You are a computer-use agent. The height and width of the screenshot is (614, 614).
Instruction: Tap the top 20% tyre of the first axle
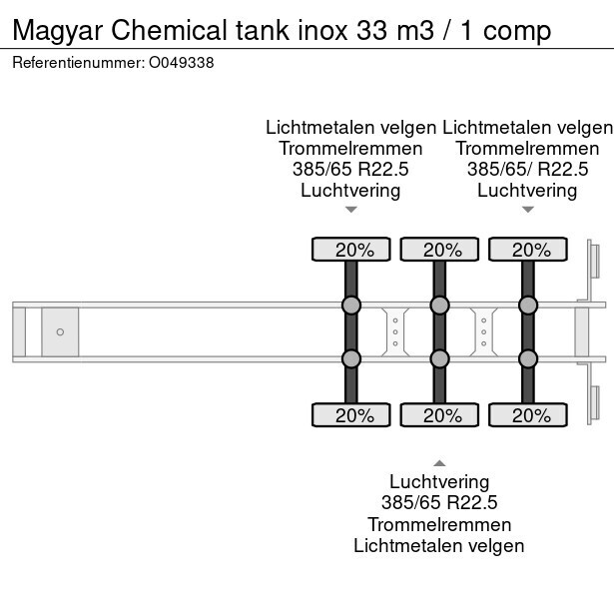[351, 250]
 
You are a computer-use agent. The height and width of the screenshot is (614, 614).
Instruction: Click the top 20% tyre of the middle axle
[439, 250]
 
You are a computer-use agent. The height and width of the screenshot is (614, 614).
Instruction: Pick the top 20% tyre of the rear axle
[527, 250]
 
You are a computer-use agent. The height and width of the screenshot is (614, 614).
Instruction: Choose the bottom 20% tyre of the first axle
[351, 414]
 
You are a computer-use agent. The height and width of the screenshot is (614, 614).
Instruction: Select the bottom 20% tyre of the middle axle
[439, 414]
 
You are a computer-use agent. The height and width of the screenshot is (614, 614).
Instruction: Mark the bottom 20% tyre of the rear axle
[527, 414]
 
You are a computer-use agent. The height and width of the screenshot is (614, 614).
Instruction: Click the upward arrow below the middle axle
[439, 462]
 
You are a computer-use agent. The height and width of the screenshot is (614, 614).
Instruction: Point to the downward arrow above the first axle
[351, 210]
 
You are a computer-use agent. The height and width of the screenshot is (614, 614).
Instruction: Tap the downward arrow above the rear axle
[527, 210]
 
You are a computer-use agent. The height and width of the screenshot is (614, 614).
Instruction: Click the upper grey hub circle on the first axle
[351, 305]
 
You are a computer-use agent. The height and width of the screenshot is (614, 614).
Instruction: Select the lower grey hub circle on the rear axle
[527, 358]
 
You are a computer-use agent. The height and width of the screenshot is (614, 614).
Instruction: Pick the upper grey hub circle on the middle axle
[439, 305]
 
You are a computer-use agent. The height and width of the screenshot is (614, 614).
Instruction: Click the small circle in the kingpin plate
[60, 331]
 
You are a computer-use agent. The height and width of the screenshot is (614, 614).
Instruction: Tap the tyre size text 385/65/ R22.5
[527, 169]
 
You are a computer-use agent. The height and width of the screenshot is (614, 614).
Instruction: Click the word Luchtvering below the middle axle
[439, 482]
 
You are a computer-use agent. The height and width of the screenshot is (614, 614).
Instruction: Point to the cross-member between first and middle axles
[395, 331]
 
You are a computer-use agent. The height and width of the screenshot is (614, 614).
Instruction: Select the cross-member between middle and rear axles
[483, 331]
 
